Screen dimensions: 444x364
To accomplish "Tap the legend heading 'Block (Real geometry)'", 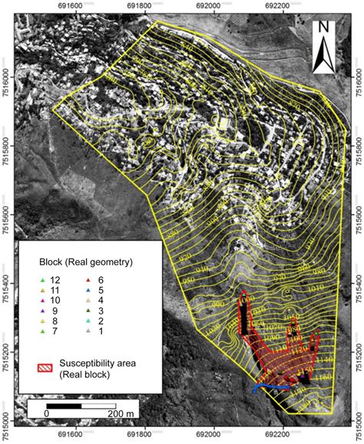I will [86, 262].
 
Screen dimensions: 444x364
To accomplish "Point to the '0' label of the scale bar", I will [46, 412].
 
